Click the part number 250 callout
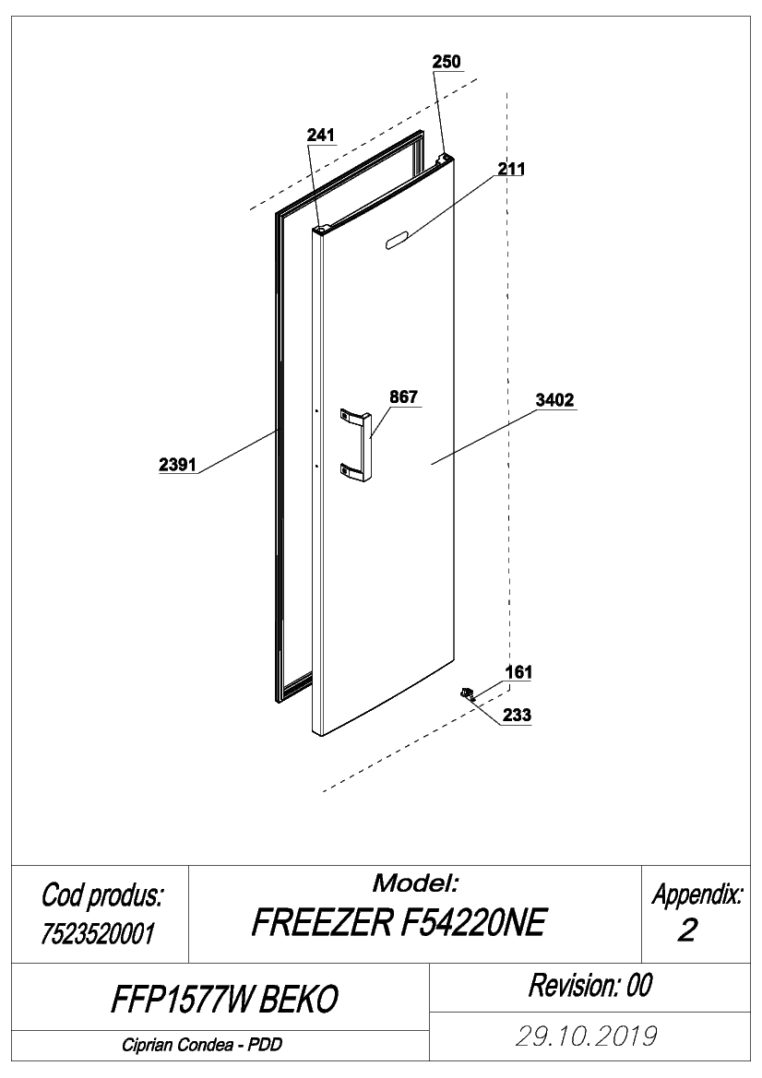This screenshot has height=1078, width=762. [446, 61]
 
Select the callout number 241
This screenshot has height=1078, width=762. [320, 135]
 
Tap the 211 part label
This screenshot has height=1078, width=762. [511, 169]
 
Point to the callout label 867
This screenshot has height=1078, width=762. [404, 397]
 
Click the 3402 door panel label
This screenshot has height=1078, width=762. [554, 400]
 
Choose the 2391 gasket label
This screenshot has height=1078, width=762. [177, 465]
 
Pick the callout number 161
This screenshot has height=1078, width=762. [518, 671]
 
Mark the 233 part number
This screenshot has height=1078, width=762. [517, 715]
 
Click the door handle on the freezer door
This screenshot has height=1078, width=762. [356, 444]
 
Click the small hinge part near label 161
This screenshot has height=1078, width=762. [469, 693]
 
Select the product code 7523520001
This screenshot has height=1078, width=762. [98, 933]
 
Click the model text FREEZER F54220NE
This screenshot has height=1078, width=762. [399, 923]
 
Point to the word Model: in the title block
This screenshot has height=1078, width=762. [415, 883]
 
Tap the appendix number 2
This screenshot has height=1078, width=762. [687, 930]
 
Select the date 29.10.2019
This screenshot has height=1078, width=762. [586, 1036]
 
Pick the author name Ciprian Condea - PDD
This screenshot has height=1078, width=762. [202, 1045]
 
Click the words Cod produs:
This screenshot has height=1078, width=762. [101, 895]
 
